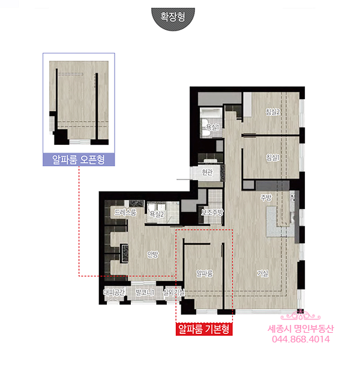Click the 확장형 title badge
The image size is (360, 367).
pyautogui.click(x=173, y=18)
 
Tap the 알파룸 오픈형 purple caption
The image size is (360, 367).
pyautogui.click(x=79, y=160)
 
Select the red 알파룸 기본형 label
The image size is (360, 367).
pyautogui.click(x=204, y=329)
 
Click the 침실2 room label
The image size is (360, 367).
pyautogui.click(x=272, y=112)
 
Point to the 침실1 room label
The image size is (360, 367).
pyautogui.click(x=272, y=157)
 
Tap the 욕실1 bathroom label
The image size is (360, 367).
pyautogui.click(x=212, y=127)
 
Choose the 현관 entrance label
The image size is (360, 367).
pyautogui.click(x=208, y=172)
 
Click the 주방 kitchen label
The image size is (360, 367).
pyautogui.click(x=266, y=198)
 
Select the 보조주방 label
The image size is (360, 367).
pyautogui.click(x=212, y=212)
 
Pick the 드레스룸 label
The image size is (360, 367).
pyautogui.click(x=125, y=212)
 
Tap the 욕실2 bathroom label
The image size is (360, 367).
pyautogui.click(x=157, y=214)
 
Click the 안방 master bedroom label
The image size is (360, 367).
pyautogui.click(x=152, y=254)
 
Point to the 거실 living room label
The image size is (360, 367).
pyautogui.click(x=263, y=273)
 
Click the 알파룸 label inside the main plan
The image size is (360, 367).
pyautogui.click(x=205, y=273)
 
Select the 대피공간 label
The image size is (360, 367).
pyautogui.click(x=115, y=292)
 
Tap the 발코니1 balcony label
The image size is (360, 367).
pyautogui.click(x=145, y=292)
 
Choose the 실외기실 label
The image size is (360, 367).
pyautogui.click(x=174, y=292)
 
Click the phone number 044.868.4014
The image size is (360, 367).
pyautogui.click(x=301, y=339)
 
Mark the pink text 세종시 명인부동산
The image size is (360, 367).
pyautogui.click(x=301, y=329)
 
